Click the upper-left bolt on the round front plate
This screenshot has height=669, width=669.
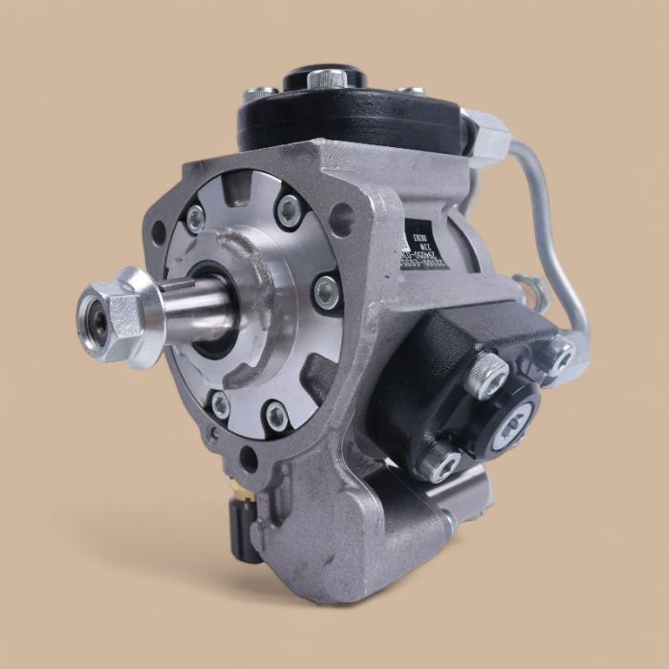pyautogui.click(x=195, y=220)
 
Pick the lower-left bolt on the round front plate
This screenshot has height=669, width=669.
pyautogui.click(x=220, y=404)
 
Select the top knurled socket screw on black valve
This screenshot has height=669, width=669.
pyautogui.click(x=489, y=373)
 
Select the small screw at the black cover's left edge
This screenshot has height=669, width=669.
pyautogui.click(x=256, y=93)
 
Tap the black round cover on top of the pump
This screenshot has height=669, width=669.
pyautogui.click(x=344, y=105)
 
